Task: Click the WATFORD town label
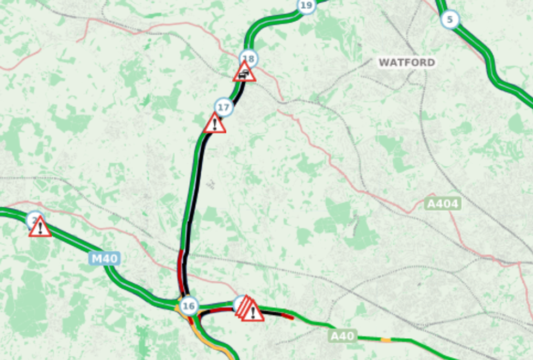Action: (407, 63)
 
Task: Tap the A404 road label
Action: (443, 204)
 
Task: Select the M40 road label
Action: (104, 259)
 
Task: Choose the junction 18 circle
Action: (249, 58)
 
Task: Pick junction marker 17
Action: (224, 107)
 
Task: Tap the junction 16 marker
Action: (188, 306)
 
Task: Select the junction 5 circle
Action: (449, 20)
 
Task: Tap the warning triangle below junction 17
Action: (215, 125)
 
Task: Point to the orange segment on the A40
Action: (386, 340)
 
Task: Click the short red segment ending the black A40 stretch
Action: (288, 316)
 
